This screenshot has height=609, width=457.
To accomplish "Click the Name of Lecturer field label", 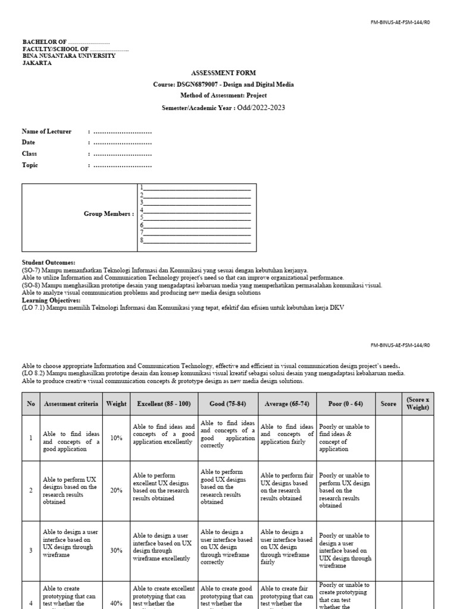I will point(46,131).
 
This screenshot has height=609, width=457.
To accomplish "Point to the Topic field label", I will point(30,165).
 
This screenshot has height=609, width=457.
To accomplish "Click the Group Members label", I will point(108,214).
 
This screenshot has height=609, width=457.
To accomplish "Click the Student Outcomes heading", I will point(49,262).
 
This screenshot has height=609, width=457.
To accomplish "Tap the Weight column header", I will point(116,404).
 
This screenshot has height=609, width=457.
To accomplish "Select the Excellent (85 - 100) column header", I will point(164,404).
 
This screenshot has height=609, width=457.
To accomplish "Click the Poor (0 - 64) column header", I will point(346,404).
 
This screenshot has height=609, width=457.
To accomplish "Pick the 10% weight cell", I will point(116,438).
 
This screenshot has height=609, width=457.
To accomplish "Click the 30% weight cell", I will point(116,551).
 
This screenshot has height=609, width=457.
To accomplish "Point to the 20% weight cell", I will point(116,491).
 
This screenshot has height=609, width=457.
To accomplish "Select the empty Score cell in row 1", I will point(388,438).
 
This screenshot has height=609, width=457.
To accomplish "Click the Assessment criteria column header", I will point(71,404).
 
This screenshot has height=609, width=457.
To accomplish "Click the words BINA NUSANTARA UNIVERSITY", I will point(69,55).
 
